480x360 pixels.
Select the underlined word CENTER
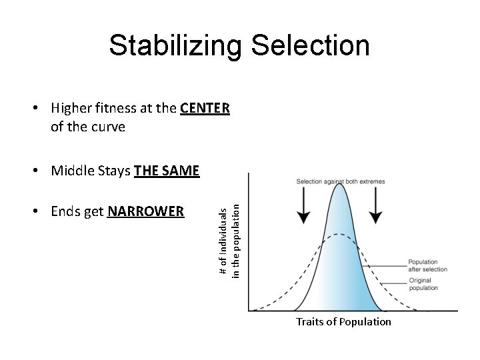pyautogui.click(x=205, y=108)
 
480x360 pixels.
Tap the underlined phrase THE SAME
pyautogui.click(x=167, y=171)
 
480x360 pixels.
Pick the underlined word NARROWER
pyautogui.click(x=145, y=212)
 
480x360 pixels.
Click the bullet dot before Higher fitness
pyautogui.click(x=41, y=109)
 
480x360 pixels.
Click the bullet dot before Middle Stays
pyautogui.click(x=41, y=172)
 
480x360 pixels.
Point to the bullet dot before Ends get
pyautogui.click(x=41, y=213)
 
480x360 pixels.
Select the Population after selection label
pyautogui.click(x=427, y=265)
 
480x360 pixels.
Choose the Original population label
pyautogui.click(x=423, y=285)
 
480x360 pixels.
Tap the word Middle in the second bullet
pyautogui.click(x=71, y=171)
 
